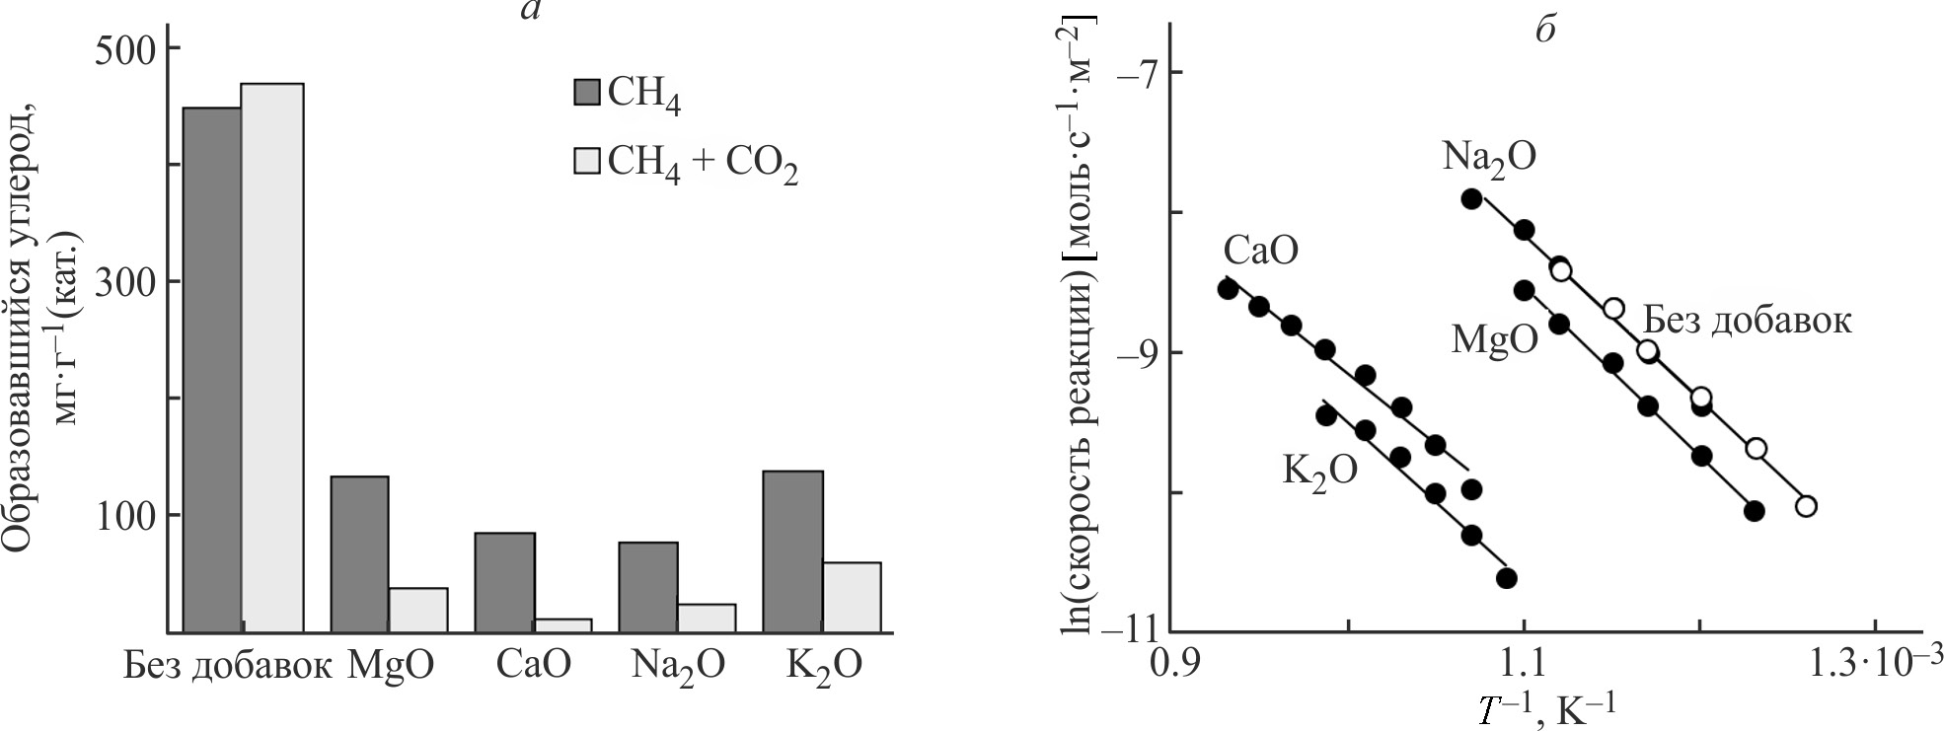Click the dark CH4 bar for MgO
click(x=359, y=553)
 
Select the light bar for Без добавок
click(x=272, y=357)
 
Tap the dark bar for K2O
click(x=792, y=550)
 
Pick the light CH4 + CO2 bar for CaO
click(x=562, y=624)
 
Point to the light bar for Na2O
click(x=707, y=617)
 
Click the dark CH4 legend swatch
click(x=586, y=93)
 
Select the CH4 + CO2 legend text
click(x=703, y=164)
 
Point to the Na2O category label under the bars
click(x=677, y=666)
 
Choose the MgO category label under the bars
click(x=390, y=666)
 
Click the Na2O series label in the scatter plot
click(x=1488, y=157)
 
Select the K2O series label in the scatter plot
click(x=1319, y=470)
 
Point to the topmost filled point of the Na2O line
click(x=1471, y=198)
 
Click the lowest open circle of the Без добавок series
click(x=1806, y=506)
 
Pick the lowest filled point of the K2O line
click(x=1506, y=578)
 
